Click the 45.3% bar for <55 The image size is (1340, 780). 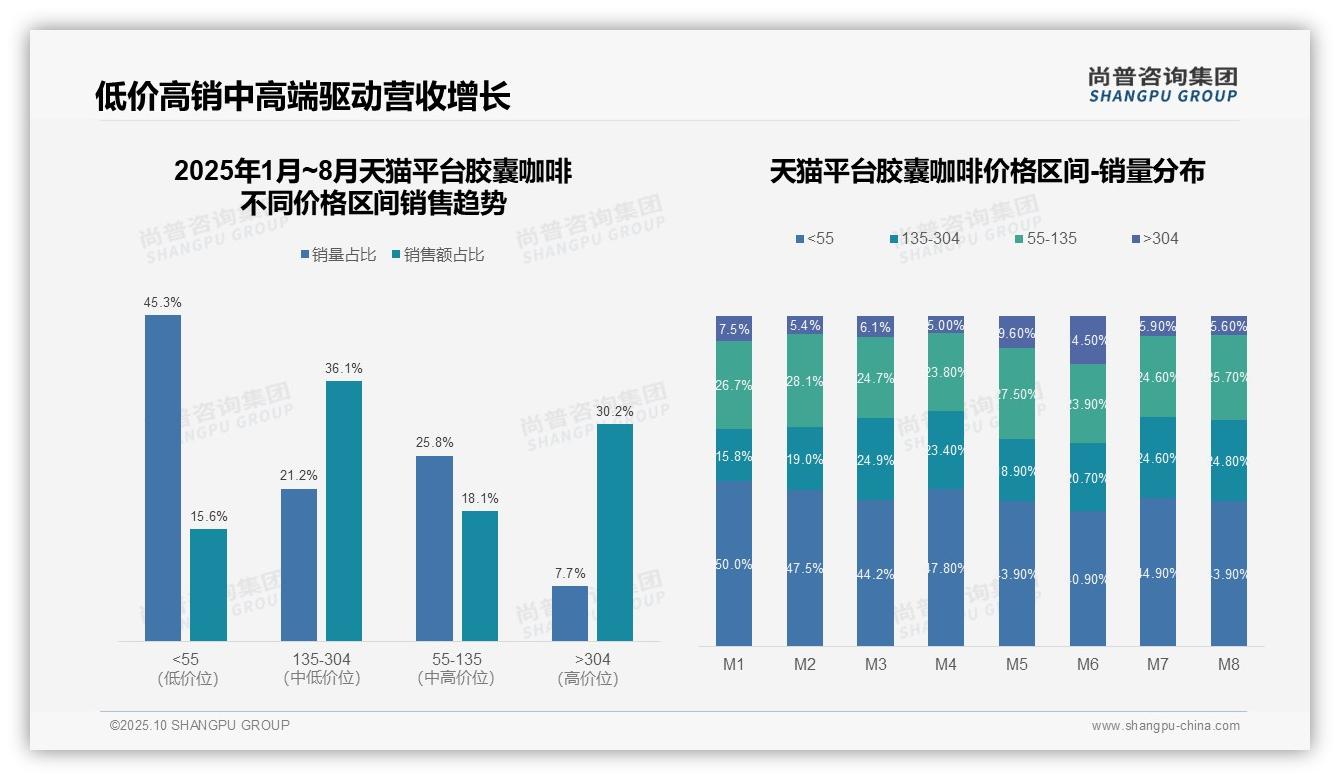(163, 478)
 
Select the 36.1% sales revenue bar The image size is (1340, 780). (343, 511)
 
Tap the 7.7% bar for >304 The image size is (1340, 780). (570, 613)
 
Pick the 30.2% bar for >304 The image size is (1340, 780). (615, 532)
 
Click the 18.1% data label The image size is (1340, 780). (480, 498)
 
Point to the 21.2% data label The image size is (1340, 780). (298, 475)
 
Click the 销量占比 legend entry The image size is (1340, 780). (338, 255)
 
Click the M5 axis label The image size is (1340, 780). (1016, 664)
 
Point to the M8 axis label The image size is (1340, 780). (1229, 664)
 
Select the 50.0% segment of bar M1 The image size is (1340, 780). (734, 564)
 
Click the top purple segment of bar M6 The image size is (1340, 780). (1088, 340)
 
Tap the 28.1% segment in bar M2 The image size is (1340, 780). (805, 381)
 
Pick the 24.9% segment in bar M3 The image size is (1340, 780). (875, 459)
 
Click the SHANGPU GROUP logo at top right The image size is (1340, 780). (1162, 85)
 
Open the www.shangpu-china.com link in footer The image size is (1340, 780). (1165, 726)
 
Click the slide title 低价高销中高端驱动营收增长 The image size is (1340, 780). (303, 96)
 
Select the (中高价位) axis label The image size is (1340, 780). (457, 678)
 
